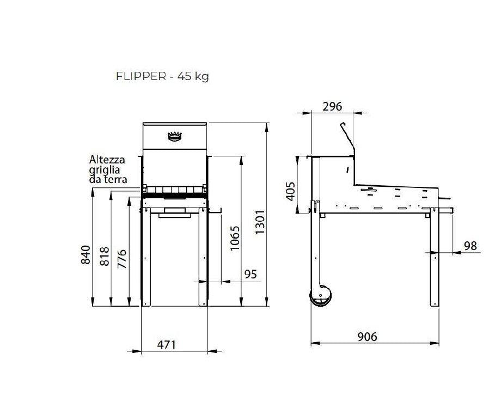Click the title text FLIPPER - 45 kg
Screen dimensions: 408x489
coord(162,76)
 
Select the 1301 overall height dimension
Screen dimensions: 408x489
coord(260,222)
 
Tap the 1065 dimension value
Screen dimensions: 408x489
coord(235,238)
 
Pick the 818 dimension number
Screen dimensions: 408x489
coord(105,256)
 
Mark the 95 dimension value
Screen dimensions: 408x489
coord(250,274)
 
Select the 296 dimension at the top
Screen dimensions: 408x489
coord(332,106)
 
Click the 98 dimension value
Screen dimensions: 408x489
coord(469,246)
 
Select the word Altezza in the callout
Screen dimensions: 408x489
coord(107,160)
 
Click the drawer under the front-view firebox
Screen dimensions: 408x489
coord(175,214)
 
